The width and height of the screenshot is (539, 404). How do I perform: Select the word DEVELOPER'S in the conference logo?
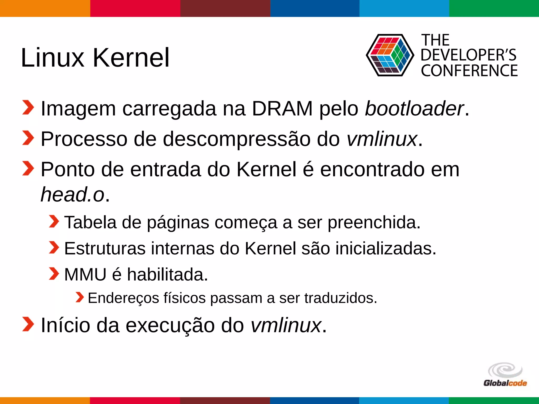click(x=468, y=55)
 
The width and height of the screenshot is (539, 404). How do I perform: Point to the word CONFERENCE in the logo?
click(x=469, y=70)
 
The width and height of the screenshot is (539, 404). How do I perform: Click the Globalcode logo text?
click(x=505, y=383)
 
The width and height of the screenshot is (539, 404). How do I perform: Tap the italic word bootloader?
click(x=414, y=108)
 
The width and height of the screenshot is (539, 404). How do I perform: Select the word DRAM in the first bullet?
click(x=282, y=108)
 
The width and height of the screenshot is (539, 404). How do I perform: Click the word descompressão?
click(x=237, y=139)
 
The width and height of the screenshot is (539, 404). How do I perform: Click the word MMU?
click(x=85, y=275)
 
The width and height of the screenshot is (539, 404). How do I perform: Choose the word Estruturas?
click(x=105, y=248)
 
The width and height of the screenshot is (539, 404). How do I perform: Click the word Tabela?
click(x=90, y=223)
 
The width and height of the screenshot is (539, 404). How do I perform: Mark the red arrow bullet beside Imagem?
click(x=28, y=108)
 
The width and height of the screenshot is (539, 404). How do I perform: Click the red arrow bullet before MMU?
click(x=54, y=274)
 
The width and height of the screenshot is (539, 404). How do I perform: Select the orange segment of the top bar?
click(x=45, y=8)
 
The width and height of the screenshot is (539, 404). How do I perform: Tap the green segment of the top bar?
click(x=494, y=8)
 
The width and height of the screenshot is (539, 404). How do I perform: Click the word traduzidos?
click(x=341, y=298)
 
